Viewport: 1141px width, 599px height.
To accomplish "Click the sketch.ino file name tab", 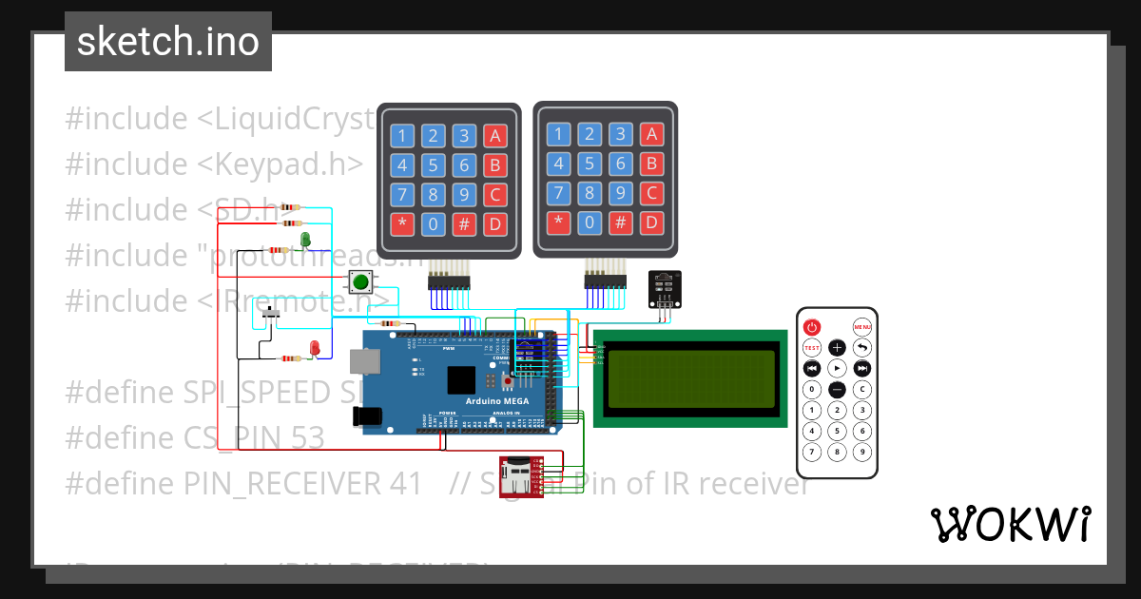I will coord(168,42).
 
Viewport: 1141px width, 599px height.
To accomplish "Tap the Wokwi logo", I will coord(1010,524).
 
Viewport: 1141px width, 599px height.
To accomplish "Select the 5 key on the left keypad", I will coord(433,165).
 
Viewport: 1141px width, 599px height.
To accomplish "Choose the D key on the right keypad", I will coord(651,223).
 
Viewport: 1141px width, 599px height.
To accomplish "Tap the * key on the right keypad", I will coord(558,223).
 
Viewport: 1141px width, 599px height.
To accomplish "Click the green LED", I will coord(305,239).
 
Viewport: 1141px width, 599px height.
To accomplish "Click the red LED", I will coord(314,348).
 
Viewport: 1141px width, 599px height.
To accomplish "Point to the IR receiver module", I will coord(665,286).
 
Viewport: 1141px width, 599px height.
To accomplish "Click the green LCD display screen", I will coord(689,377).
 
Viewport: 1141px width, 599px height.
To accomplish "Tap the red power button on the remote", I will coord(811,326).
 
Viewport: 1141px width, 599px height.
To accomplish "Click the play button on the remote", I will coord(837,368).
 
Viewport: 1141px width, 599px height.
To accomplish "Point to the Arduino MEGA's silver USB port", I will coord(362,361).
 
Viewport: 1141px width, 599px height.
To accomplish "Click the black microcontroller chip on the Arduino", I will coord(461,380).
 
